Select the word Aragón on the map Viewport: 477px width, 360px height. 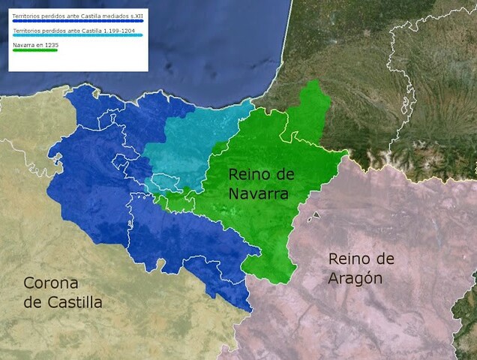pos(355,279)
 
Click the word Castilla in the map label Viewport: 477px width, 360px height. pos(73,303)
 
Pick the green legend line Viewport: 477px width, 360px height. pos(34,50)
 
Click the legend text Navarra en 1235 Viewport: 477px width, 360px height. pos(34,45)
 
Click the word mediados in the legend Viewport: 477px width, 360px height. pos(107,16)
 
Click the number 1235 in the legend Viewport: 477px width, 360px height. pos(51,45)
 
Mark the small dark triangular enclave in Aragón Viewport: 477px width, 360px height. pos(316,215)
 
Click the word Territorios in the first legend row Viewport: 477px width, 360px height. pos(25,16)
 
